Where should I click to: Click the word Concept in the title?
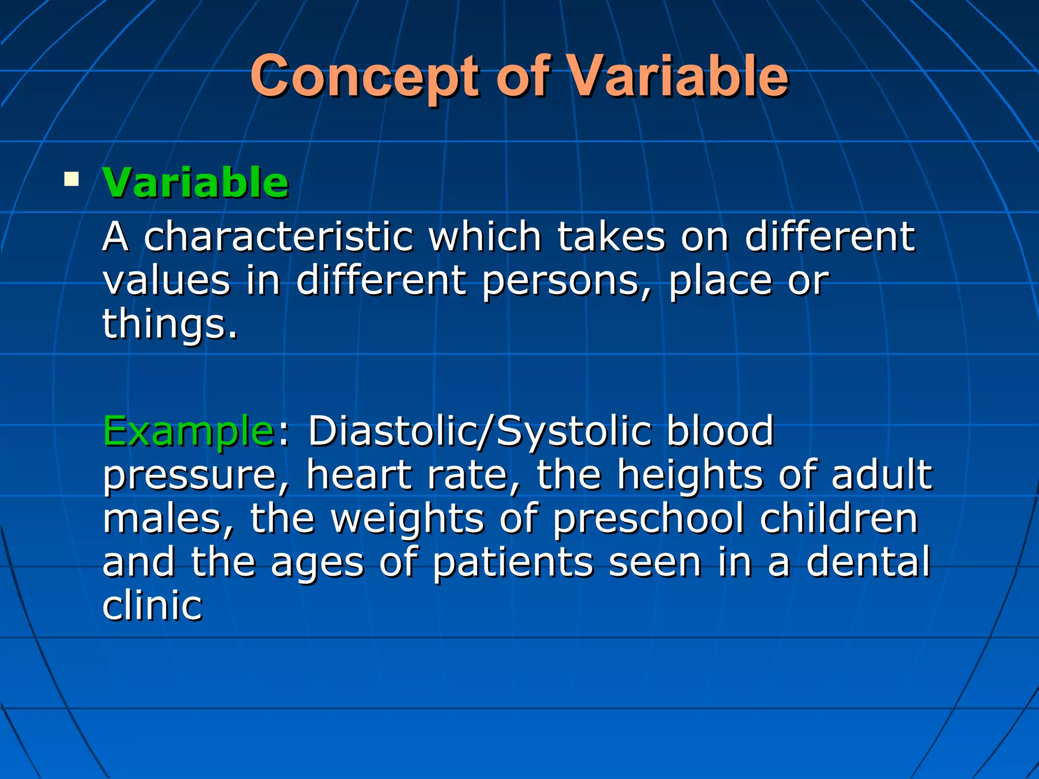click(x=364, y=77)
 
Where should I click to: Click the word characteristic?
click(x=279, y=237)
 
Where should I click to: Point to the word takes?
click(x=611, y=237)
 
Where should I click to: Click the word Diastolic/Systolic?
click(x=479, y=431)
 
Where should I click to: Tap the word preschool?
click(x=648, y=519)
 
